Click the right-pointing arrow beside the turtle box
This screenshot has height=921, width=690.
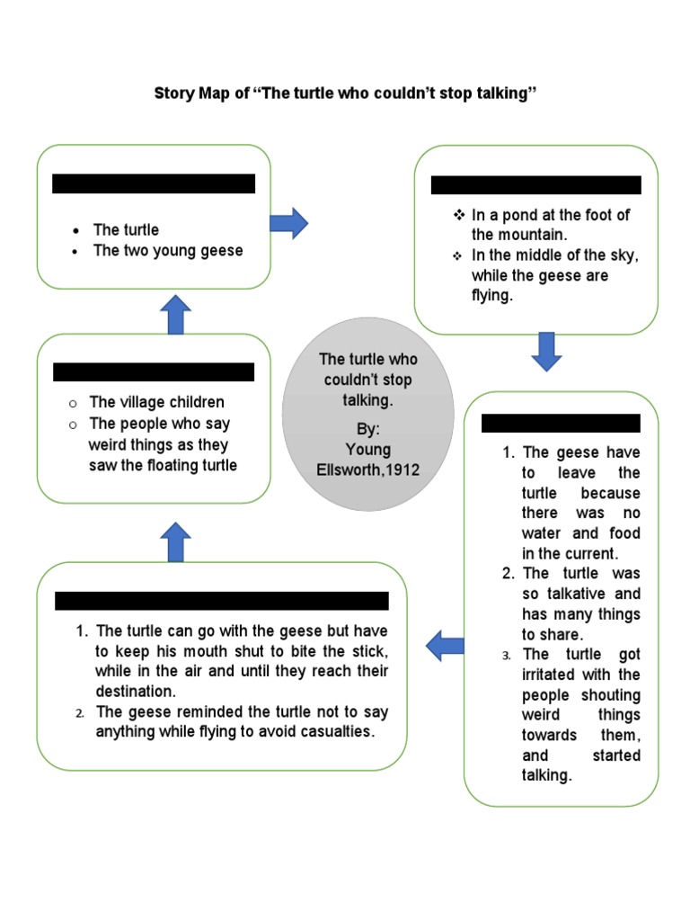[x=288, y=221]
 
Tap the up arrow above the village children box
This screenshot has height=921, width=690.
[x=176, y=315]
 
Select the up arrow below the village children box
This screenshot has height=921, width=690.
[x=176, y=542]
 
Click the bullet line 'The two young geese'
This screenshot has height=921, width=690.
[x=168, y=250]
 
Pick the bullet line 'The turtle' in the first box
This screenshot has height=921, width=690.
[x=126, y=229]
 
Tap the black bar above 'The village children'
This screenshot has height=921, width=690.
[x=154, y=371]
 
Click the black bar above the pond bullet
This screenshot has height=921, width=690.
[x=535, y=185]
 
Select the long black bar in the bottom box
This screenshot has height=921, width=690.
[x=222, y=600]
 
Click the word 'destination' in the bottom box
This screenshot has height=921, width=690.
[x=135, y=692]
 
